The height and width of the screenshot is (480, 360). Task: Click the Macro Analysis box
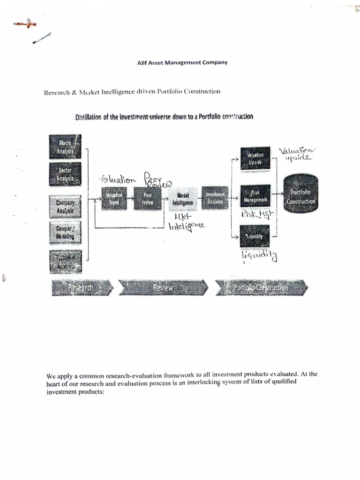65,146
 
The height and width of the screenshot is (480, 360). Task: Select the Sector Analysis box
65,174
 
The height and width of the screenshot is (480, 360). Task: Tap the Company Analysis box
65,207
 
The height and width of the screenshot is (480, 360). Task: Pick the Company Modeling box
65,233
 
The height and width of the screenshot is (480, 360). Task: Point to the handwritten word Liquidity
259,255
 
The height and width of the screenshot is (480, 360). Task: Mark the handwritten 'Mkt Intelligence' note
186,222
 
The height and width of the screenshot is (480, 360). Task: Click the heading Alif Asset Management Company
179,62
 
